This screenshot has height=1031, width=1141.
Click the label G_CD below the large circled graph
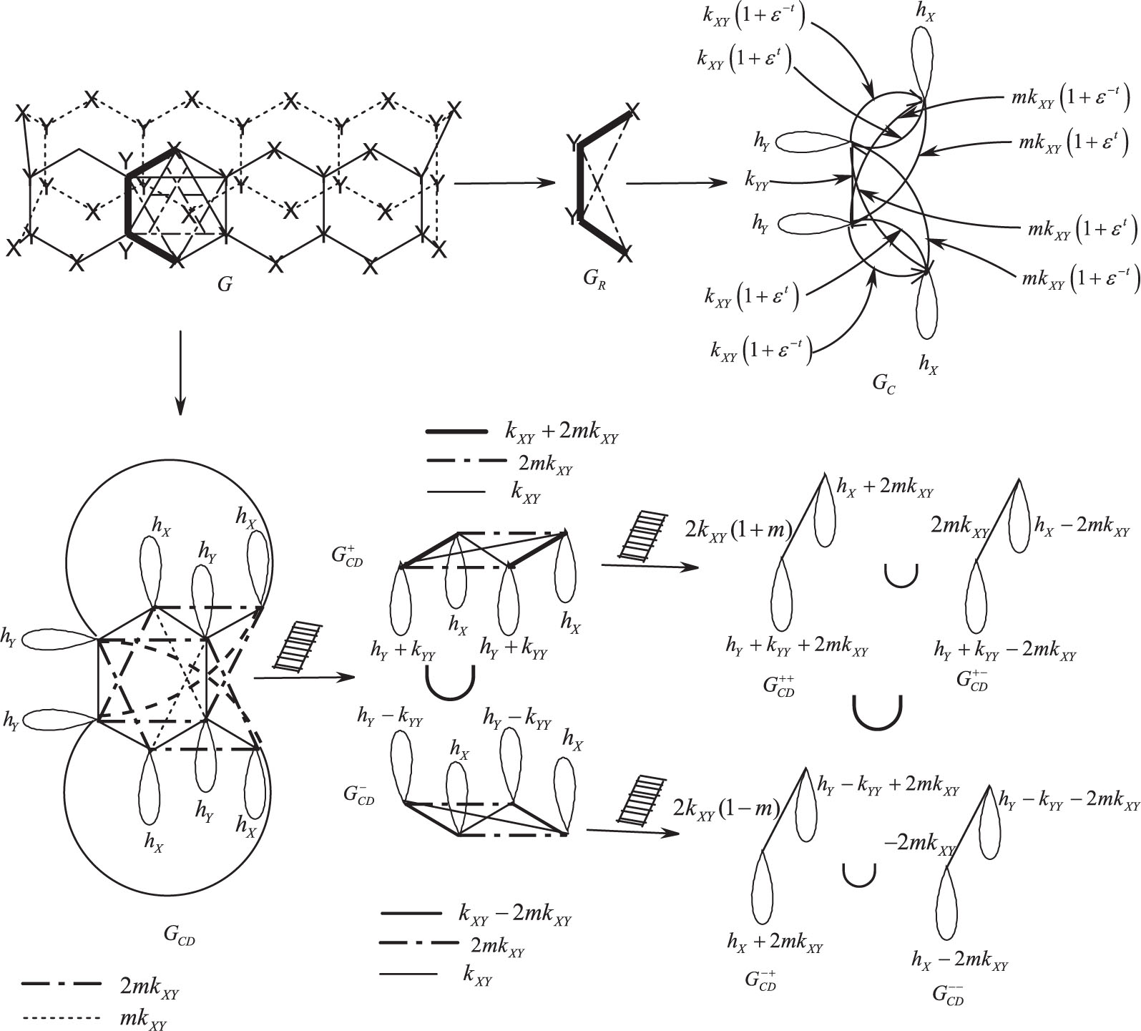(x=179, y=935)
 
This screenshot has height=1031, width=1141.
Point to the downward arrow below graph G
(x=180, y=372)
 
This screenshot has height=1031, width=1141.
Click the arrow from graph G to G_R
(x=504, y=183)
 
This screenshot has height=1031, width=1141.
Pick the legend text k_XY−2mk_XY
(x=514, y=915)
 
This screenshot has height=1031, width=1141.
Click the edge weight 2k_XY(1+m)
(x=738, y=530)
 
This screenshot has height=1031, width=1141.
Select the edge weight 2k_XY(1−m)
(x=727, y=808)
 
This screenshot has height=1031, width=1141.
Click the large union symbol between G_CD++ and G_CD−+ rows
(x=877, y=711)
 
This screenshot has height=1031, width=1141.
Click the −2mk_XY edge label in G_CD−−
(x=920, y=844)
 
